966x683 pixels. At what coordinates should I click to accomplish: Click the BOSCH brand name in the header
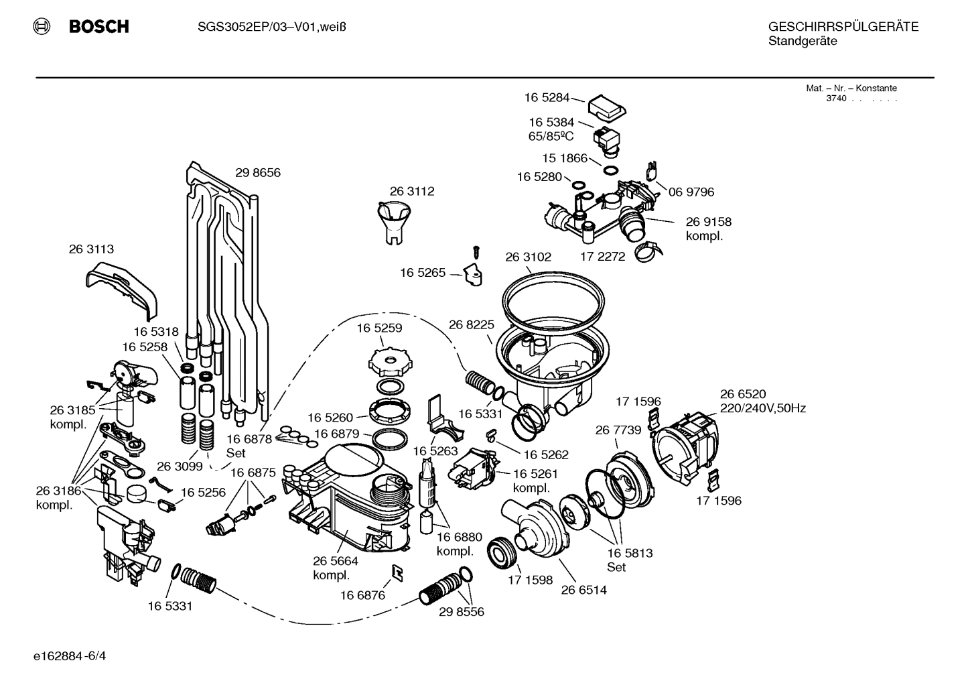pyautogui.click(x=98, y=27)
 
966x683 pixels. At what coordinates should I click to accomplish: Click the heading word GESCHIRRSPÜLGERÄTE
pyautogui.click(x=843, y=27)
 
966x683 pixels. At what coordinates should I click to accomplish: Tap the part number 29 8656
pyautogui.click(x=258, y=172)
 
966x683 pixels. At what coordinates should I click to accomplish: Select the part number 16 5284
pyautogui.click(x=547, y=98)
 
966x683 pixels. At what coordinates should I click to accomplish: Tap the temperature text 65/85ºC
pyautogui.click(x=551, y=136)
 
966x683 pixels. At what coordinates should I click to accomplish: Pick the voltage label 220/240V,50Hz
pyautogui.click(x=762, y=408)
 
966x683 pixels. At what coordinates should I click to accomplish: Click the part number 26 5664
pyautogui.click(x=336, y=561)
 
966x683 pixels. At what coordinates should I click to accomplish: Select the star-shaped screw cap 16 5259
pyautogui.click(x=389, y=362)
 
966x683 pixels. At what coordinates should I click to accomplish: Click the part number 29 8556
pyautogui.click(x=462, y=611)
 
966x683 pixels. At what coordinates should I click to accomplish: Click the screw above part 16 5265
pyautogui.click(x=476, y=251)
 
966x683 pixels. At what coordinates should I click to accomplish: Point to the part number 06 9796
pyautogui.click(x=691, y=192)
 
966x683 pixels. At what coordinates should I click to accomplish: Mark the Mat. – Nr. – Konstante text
pyautogui.click(x=851, y=88)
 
